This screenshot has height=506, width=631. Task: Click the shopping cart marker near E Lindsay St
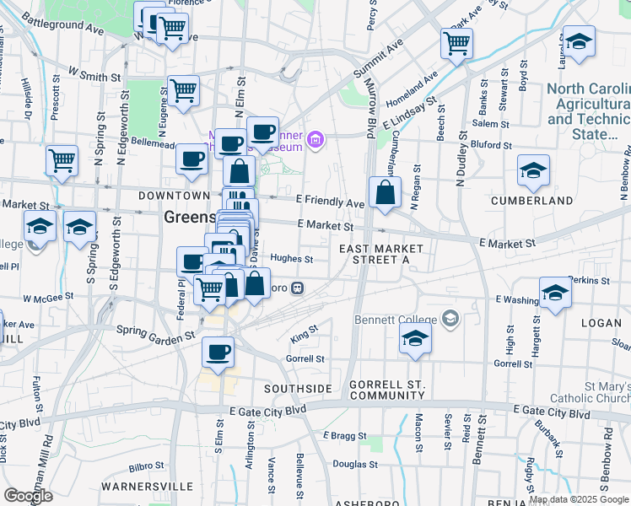pyautogui.click(x=456, y=43)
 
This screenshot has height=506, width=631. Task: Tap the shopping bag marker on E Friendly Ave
pyautogui.click(x=385, y=192)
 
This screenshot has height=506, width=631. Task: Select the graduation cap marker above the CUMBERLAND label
pyautogui.click(x=533, y=171)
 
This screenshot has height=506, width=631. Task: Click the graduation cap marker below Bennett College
pyautogui.click(x=414, y=340)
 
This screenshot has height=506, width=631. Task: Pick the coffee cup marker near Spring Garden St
pyautogui.click(x=218, y=352)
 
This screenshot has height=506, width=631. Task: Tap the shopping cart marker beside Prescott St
pyautogui.click(x=62, y=160)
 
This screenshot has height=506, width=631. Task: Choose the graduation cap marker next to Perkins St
pyautogui.click(x=555, y=293)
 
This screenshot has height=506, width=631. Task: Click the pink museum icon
pyautogui.click(x=315, y=139)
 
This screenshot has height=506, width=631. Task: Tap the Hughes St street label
pyautogui.click(x=292, y=260)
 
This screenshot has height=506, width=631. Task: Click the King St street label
pyautogui.click(x=304, y=334)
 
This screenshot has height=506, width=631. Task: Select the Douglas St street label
pyautogui.click(x=354, y=464)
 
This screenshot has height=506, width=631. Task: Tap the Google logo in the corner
pyautogui.click(x=27, y=496)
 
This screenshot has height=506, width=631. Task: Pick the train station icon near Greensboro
pyautogui.click(x=297, y=288)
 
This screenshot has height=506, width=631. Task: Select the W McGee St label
pyautogui.click(x=50, y=299)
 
